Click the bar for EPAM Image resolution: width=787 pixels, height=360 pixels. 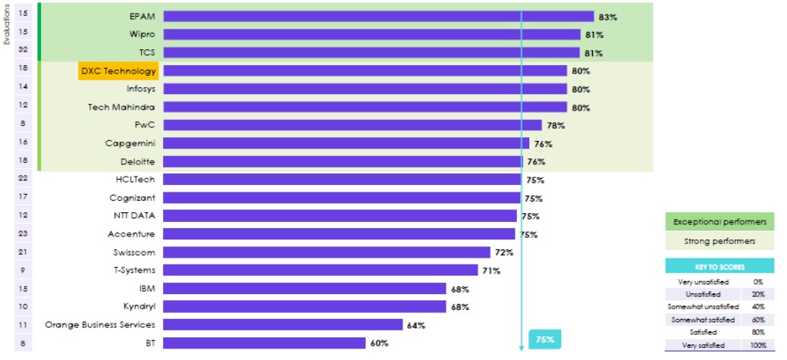point(378,16)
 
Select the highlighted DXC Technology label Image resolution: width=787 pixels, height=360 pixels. point(118,70)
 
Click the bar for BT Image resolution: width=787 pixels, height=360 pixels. point(265,343)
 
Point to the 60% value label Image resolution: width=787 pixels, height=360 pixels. point(380,343)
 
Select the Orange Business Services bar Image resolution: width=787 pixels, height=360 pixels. point(282,325)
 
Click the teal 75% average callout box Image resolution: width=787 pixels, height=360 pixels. point(544,340)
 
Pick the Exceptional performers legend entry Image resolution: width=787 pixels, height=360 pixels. point(720,222)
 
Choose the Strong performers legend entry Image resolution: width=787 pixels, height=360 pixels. point(720,241)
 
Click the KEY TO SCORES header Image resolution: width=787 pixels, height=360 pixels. point(720,267)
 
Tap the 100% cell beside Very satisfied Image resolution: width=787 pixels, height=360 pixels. point(757,346)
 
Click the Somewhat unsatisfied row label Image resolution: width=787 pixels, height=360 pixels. point(703,307)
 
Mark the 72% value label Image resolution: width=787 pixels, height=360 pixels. point(504,252)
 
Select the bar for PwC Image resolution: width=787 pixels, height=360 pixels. point(352,125)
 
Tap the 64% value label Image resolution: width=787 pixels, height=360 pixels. point(415,325)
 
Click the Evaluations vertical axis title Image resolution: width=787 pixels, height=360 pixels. point(6,25)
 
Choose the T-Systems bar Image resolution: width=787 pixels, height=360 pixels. point(320,271)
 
